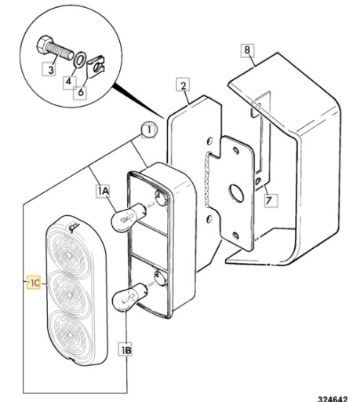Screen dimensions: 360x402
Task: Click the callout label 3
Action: (x=50, y=69)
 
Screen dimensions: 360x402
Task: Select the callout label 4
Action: (x=68, y=82)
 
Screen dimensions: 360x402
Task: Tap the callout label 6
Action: (x=81, y=92)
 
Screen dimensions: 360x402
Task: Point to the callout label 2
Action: (x=183, y=85)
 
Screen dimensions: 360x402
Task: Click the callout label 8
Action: (x=247, y=50)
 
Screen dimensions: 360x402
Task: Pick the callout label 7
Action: (x=270, y=200)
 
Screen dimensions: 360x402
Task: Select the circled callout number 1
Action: (x=149, y=130)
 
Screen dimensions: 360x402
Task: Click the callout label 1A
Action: (x=103, y=191)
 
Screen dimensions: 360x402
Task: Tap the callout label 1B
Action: (x=125, y=349)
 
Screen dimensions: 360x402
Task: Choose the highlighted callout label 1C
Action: (x=35, y=282)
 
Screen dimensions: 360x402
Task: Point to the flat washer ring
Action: (x=79, y=60)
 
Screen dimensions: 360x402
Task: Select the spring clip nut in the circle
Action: (x=96, y=68)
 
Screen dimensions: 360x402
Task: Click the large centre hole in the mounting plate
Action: (x=237, y=193)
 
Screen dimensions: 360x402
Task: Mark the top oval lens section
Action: (x=68, y=254)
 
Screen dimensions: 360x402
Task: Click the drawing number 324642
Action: (x=333, y=398)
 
